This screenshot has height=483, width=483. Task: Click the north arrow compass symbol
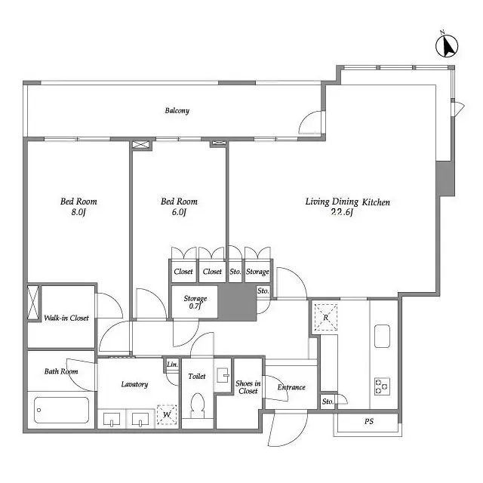pyautogui.click(x=448, y=46)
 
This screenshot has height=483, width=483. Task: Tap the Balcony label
pyautogui.click(x=177, y=111)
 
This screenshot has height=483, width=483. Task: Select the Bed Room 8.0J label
pyautogui.click(x=78, y=206)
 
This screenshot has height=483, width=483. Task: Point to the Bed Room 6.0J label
pyautogui.click(x=179, y=206)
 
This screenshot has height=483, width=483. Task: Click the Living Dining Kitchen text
pyautogui.click(x=347, y=206)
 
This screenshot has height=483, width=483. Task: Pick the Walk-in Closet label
pyautogui.click(x=66, y=318)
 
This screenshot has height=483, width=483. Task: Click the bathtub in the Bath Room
pyautogui.click(x=62, y=411)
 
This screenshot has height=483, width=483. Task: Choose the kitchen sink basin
pyautogui.click(x=382, y=335)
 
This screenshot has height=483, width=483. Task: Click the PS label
pyautogui.click(x=369, y=421)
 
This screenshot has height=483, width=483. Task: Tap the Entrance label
pyautogui.click(x=291, y=387)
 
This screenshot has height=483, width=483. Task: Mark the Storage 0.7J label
pyautogui.click(x=195, y=303)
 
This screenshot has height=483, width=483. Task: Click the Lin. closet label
pyautogui.click(x=172, y=365)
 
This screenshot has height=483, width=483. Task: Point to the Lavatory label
pyautogui.click(x=134, y=384)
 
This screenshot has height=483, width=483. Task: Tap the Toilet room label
pyautogui.click(x=197, y=375)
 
